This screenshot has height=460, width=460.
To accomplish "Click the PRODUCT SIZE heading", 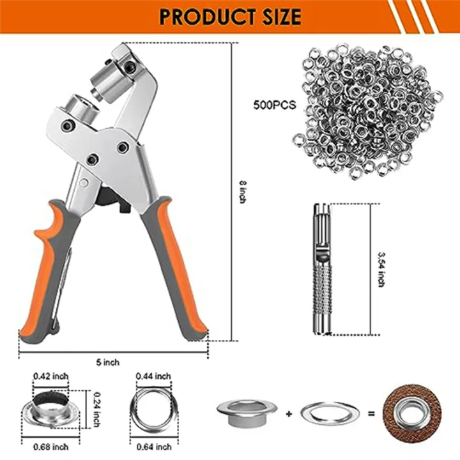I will tap(229, 16).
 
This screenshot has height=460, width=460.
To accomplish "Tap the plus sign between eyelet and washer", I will tap(289, 413).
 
